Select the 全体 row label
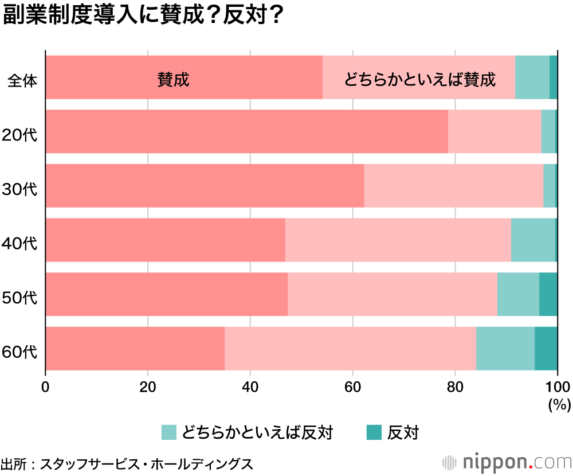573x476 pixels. click(22, 81)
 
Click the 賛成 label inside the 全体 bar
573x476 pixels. click(173, 79)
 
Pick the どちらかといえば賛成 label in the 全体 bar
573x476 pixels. click(419, 79)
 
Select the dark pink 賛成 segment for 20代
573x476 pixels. click(246, 132)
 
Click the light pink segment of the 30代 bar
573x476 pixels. click(453, 186)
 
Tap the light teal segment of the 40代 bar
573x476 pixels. click(533, 240)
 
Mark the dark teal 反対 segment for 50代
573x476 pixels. click(548, 294)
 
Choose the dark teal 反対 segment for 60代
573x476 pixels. click(546, 348)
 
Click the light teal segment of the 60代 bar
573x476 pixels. click(505, 348)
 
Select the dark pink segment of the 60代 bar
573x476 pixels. click(135, 348)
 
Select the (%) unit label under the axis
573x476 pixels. click(559, 405)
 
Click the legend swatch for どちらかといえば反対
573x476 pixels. click(169, 432)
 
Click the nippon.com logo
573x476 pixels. click(507, 462)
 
